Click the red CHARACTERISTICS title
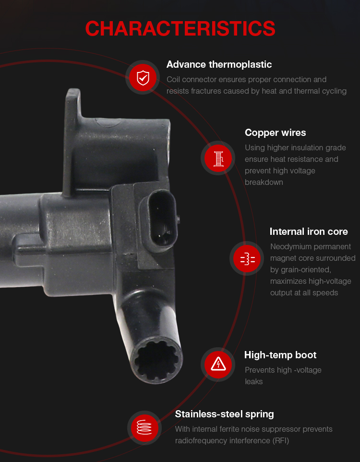pyautogui.click(x=180, y=29)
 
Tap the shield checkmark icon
pyautogui.click(x=143, y=77)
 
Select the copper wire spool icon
pyautogui.click(x=218, y=158)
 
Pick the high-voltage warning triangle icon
pyautogui.click(x=218, y=365)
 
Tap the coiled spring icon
pyautogui.click(x=144, y=428)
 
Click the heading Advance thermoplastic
pyautogui.click(x=219, y=64)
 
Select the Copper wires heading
pyautogui.click(x=276, y=133)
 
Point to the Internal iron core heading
pyautogui.click(x=309, y=231)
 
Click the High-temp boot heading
pyautogui.click(x=280, y=355)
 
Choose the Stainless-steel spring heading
pyautogui.click(x=225, y=414)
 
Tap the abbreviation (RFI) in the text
pyautogui.click(x=281, y=440)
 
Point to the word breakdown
pyautogui.click(x=264, y=182)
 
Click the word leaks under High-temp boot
pyautogui.click(x=254, y=381)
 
